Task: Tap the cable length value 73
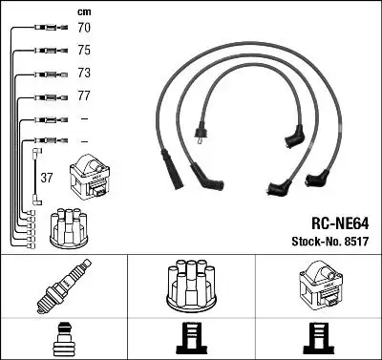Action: [x=83, y=74]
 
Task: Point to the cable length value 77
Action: [x=83, y=96]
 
